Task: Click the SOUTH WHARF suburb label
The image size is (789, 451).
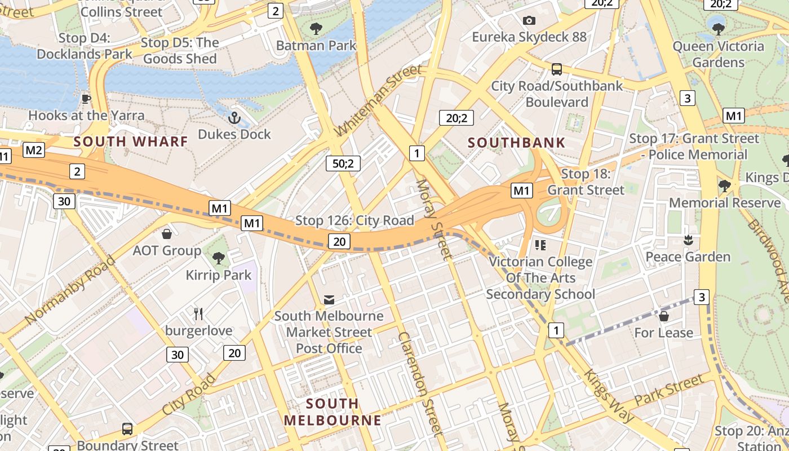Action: pos(130,142)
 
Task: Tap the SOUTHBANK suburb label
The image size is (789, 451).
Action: pos(516,143)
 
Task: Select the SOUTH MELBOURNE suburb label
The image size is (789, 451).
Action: pos(333,412)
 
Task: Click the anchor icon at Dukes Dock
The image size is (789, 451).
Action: pos(234,118)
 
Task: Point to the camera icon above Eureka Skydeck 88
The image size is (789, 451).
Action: pos(529,21)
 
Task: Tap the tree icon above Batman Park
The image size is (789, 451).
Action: pos(316,28)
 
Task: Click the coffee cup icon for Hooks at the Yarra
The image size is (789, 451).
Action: pos(86,99)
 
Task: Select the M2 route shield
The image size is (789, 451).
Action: pos(34,150)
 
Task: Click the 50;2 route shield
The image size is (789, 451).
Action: pos(343,163)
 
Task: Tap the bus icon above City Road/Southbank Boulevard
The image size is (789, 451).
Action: pos(557,69)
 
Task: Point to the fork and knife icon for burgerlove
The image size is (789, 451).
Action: pos(198,314)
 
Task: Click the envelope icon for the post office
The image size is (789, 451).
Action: pos(329,299)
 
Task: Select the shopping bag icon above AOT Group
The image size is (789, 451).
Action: pos(167,233)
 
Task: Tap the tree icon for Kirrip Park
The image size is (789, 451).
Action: pos(219,258)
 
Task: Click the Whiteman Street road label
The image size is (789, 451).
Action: pos(378,100)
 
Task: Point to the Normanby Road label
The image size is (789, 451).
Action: pos(70,290)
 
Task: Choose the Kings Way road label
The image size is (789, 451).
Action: pos(609,396)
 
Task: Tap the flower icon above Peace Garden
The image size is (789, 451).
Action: pos(688,240)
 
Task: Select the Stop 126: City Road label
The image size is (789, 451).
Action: pos(354,220)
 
